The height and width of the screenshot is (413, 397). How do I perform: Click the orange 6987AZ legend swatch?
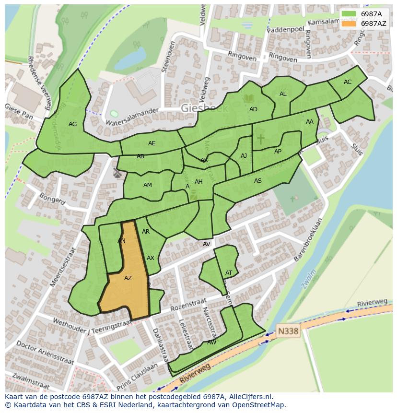pos(349,24)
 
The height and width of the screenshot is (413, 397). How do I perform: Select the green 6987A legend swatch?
pos(349,14)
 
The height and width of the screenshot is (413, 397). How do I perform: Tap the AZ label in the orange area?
pos(128,278)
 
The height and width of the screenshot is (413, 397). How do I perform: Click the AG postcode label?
pos(72,124)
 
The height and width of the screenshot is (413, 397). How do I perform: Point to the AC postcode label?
pos(348,82)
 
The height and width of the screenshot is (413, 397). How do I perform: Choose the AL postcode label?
pos(283,94)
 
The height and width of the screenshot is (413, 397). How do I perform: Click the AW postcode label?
pos(211,342)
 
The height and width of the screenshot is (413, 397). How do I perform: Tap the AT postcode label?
pos(229,273)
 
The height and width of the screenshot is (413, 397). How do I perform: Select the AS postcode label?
pos(258,181)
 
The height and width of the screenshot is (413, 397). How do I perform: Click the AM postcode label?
pos(148,185)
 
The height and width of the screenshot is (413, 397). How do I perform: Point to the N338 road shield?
pos(288,331)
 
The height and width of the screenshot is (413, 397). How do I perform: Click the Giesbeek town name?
pos(205,109)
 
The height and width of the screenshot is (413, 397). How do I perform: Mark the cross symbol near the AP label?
pos(260,139)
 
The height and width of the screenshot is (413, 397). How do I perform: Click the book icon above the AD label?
pos(249,99)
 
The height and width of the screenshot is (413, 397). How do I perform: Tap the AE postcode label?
pos(152,143)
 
